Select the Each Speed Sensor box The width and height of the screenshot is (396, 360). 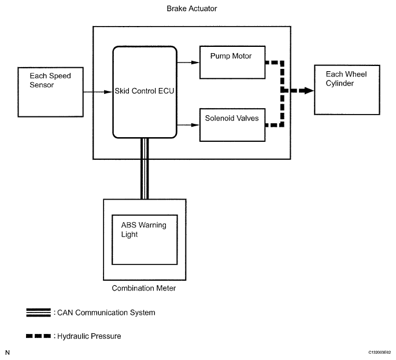click(x=51, y=91)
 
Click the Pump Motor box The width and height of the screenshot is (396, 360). click(x=232, y=63)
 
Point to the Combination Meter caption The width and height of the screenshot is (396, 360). click(x=145, y=288)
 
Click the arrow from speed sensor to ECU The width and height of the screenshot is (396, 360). click(x=98, y=91)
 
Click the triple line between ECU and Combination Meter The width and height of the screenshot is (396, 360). click(x=144, y=168)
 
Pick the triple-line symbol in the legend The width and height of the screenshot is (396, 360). click(x=39, y=313)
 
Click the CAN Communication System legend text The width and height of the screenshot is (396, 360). click(x=105, y=313)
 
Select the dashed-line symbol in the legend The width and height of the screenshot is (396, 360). click(x=39, y=336)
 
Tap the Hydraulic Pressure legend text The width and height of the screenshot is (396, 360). click(x=88, y=336)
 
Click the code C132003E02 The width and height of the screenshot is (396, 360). click(x=379, y=352)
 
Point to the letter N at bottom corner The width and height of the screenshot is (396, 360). click(x=8, y=352)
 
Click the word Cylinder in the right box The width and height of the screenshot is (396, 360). click(x=340, y=83)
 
